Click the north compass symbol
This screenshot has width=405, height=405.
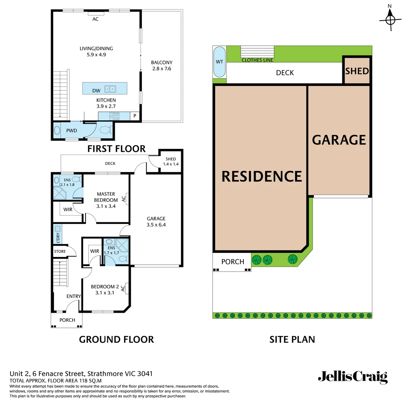point(390,19)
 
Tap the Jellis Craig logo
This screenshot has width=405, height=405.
point(352,377)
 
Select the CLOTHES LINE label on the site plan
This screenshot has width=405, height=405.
point(257,60)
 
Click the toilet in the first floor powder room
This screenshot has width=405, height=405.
point(105,130)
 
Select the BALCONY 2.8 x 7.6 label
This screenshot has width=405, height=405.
point(162,66)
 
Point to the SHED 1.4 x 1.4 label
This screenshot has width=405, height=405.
point(170,162)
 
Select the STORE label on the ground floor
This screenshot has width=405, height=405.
point(60,251)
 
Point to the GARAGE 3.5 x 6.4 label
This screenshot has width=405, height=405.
point(156,222)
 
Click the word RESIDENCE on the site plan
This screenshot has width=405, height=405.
point(261,176)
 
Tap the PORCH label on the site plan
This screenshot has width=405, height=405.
point(232,262)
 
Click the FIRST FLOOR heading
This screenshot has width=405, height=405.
point(116,148)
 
